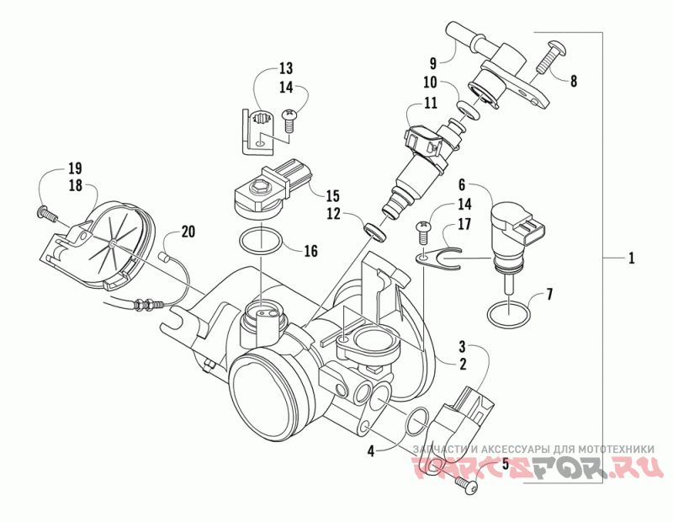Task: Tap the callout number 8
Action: click(x=574, y=82)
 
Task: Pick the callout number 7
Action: click(x=550, y=295)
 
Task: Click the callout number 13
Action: click(x=285, y=67)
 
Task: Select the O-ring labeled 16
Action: click(x=259, y=242)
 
